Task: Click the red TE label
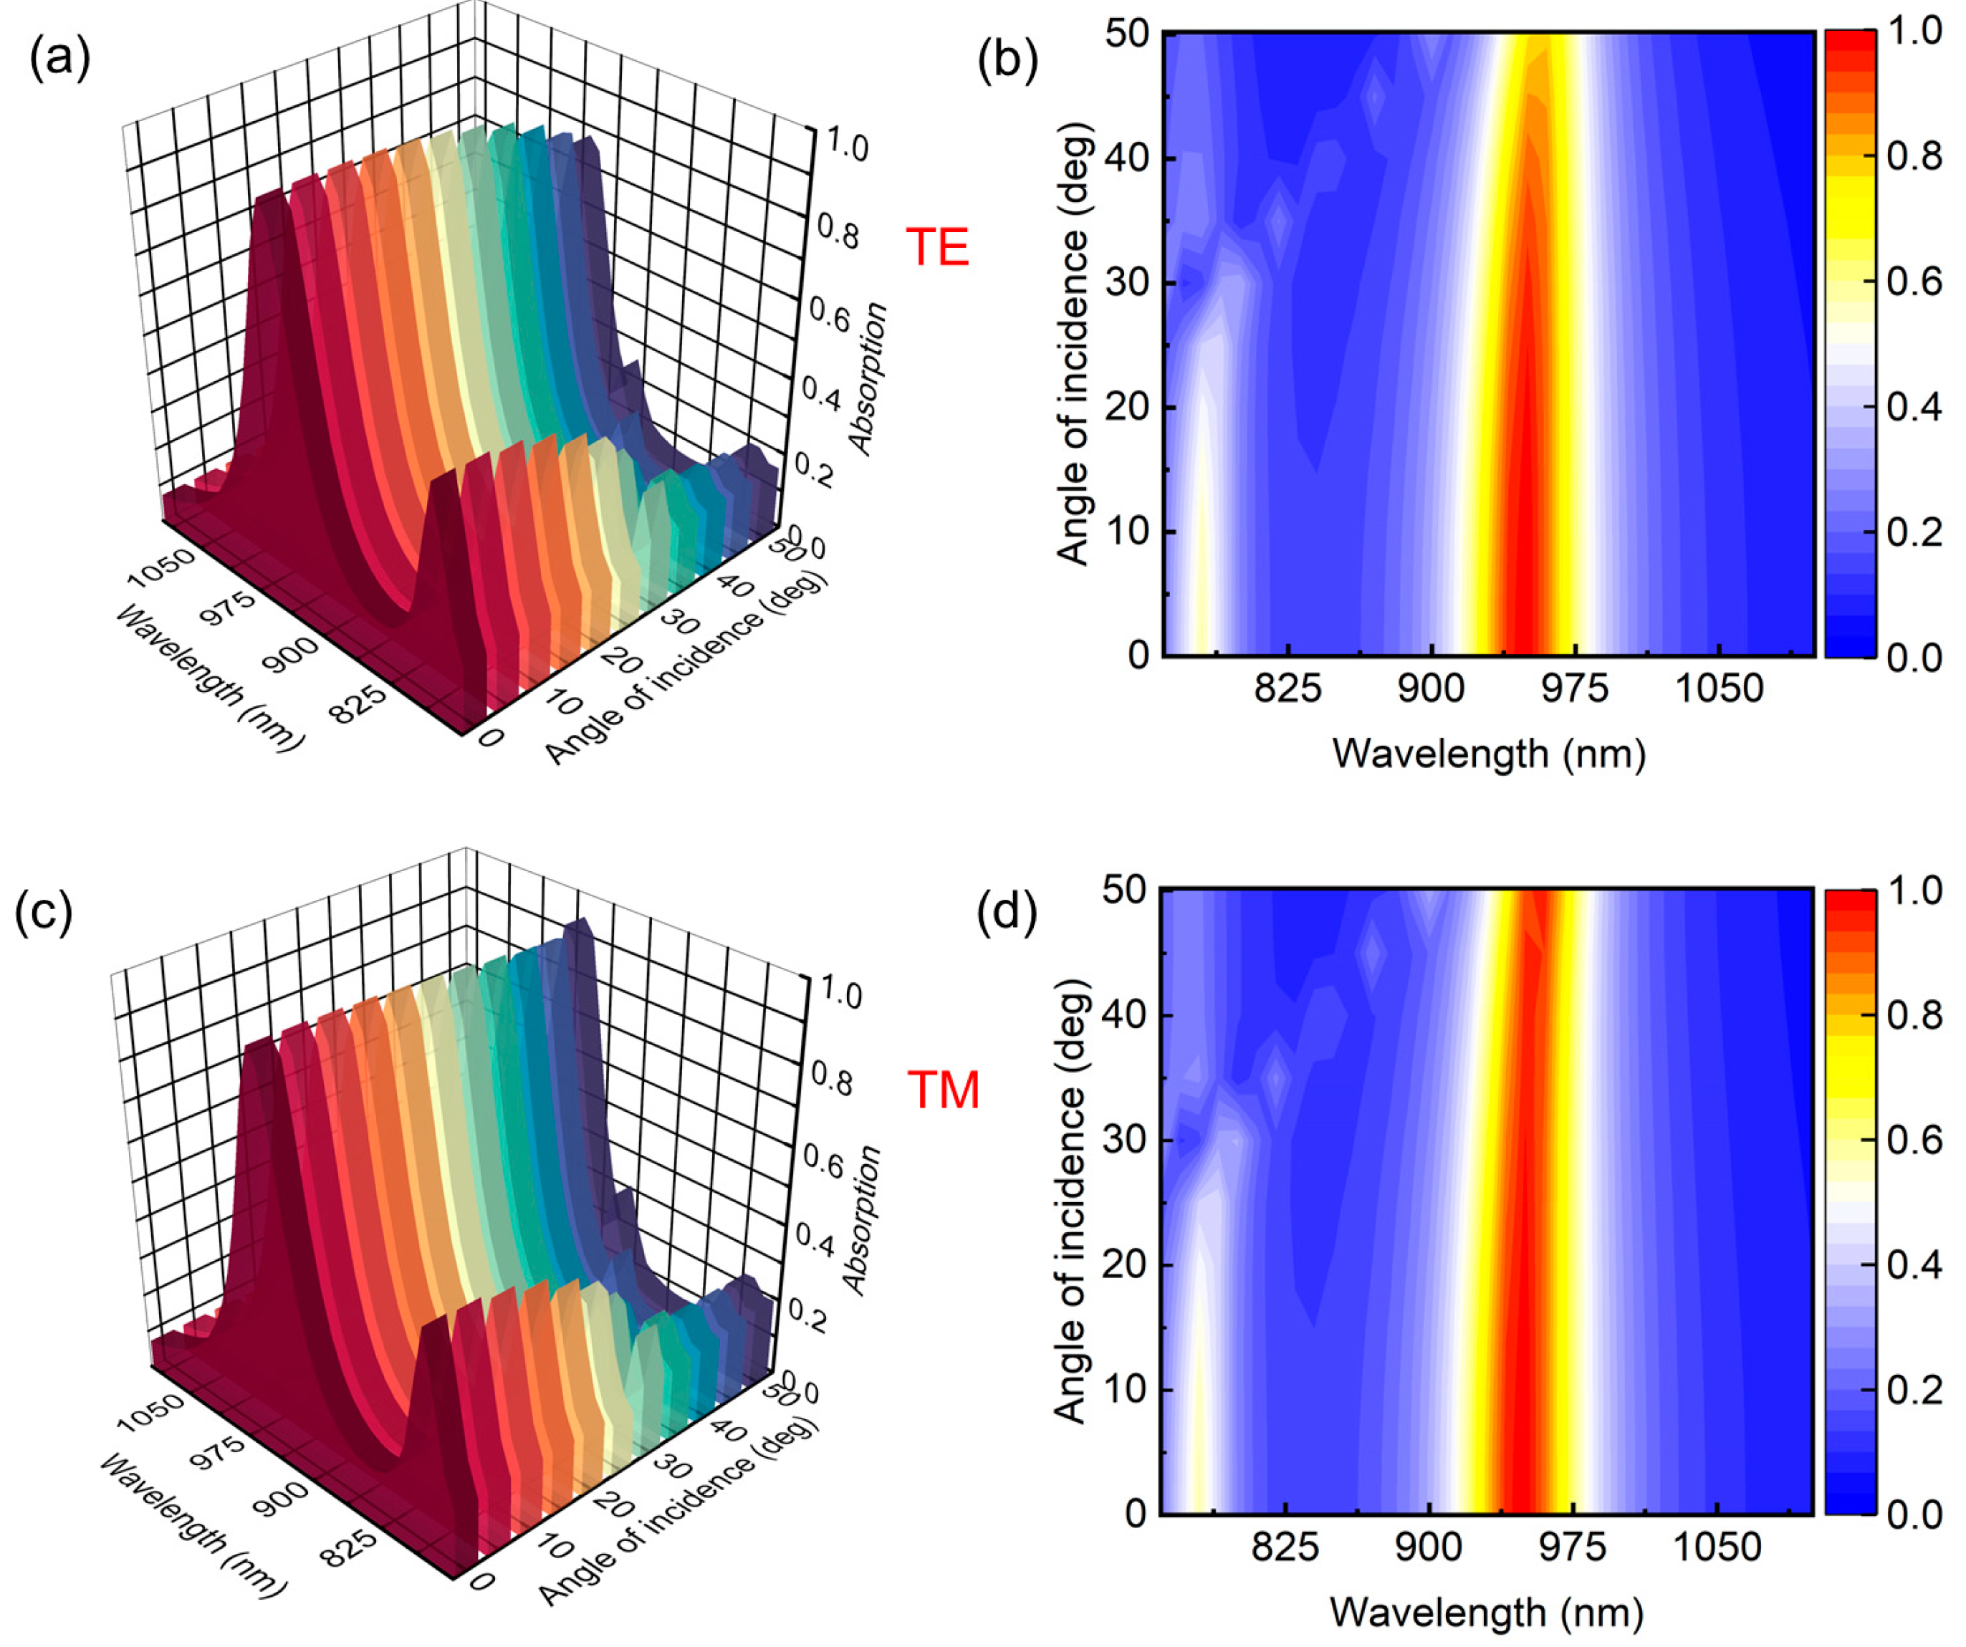(936, 247)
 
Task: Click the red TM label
(943, 1090)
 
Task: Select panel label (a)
(60, 58)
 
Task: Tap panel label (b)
(1007, 61)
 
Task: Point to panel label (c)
(43, 911)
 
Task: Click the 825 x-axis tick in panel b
(1288, 689)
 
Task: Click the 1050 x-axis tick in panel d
(1716, 1547)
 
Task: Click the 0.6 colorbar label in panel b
(1914, 282)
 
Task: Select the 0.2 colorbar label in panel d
(1914, 1390)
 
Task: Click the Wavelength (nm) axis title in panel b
(1489, 753)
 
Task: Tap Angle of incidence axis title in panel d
(1070, 1202)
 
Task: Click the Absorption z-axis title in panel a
(867, 378)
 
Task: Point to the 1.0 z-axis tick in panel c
(840, 992)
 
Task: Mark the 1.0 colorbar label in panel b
(1914, 32)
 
